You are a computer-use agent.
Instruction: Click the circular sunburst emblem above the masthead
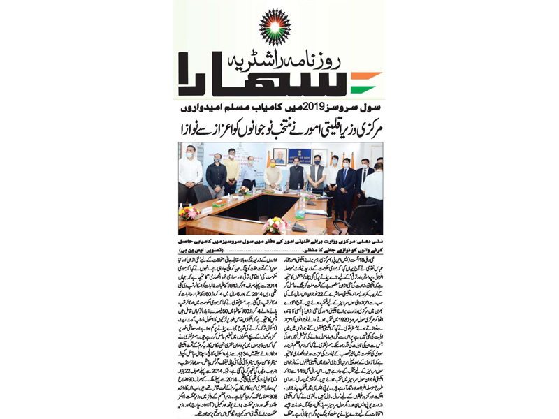click(275, 27)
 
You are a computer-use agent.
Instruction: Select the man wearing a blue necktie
click(346, 179)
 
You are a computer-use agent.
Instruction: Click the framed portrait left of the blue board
click(279, 157)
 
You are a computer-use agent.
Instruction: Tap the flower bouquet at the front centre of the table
click(275, 224)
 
